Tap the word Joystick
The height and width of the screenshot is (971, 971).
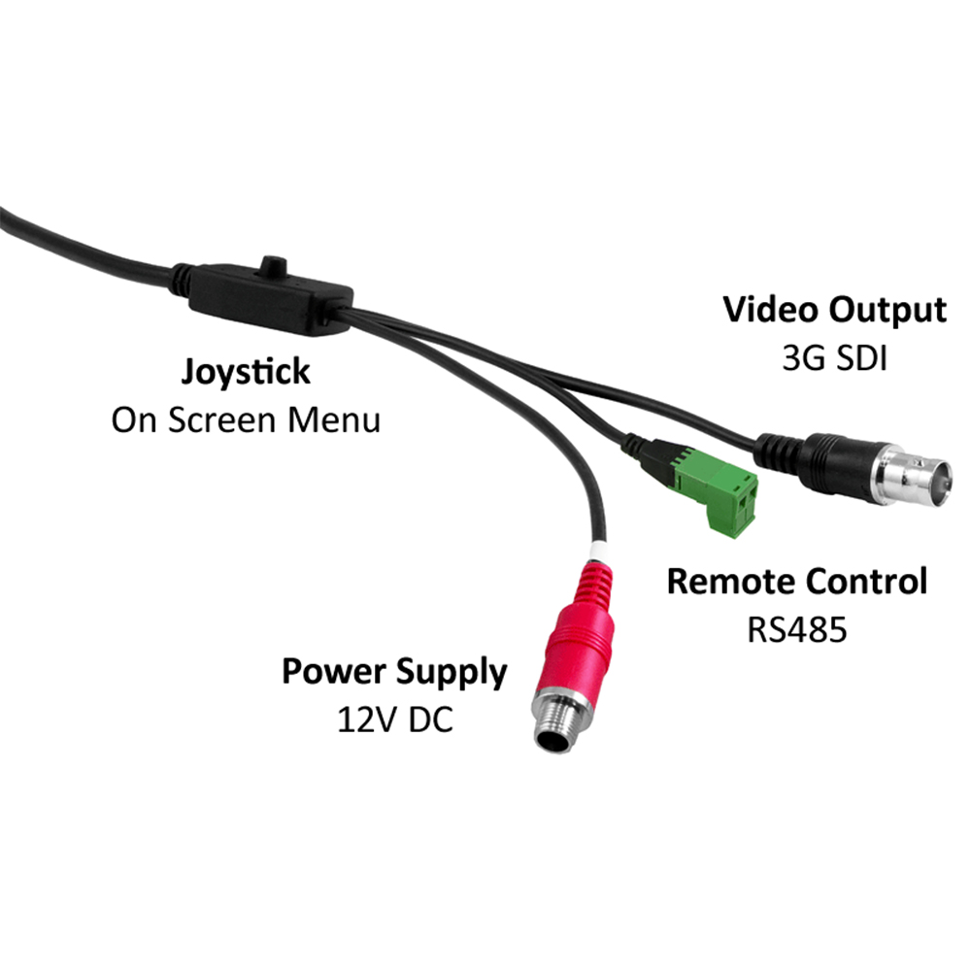point(247,371)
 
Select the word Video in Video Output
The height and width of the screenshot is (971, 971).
point(772,311)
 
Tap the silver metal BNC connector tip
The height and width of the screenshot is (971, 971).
point(917,476)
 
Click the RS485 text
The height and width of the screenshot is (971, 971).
point(797,629)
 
